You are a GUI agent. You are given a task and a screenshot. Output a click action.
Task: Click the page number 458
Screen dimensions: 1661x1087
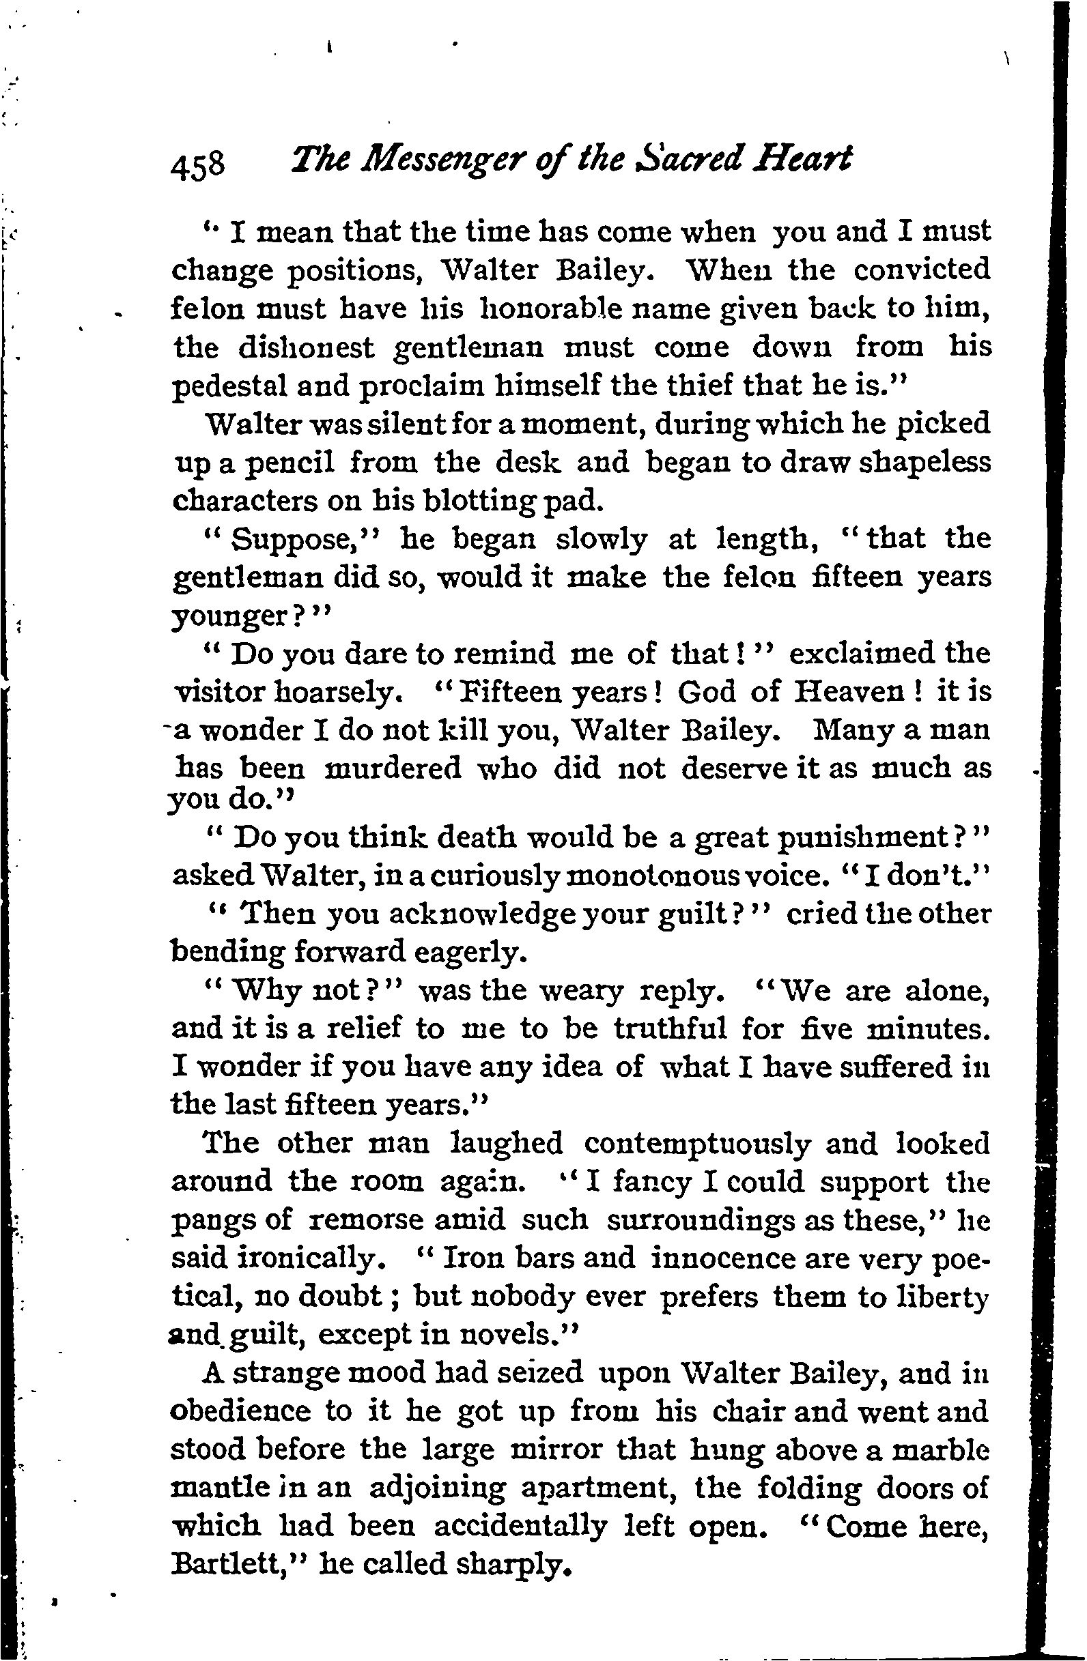pos(198,167)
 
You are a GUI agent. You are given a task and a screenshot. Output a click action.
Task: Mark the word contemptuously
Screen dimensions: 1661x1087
pos(697,1144)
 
